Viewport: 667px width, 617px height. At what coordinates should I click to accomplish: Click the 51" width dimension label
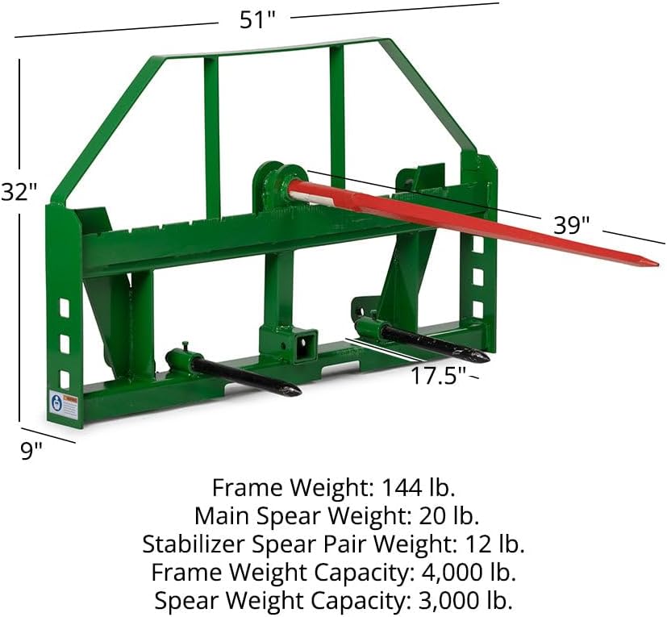tap(258, 19)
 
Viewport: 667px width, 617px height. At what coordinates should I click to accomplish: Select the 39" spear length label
tap(571, 225)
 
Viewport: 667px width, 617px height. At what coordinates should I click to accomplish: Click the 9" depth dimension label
tap(31, 450)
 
